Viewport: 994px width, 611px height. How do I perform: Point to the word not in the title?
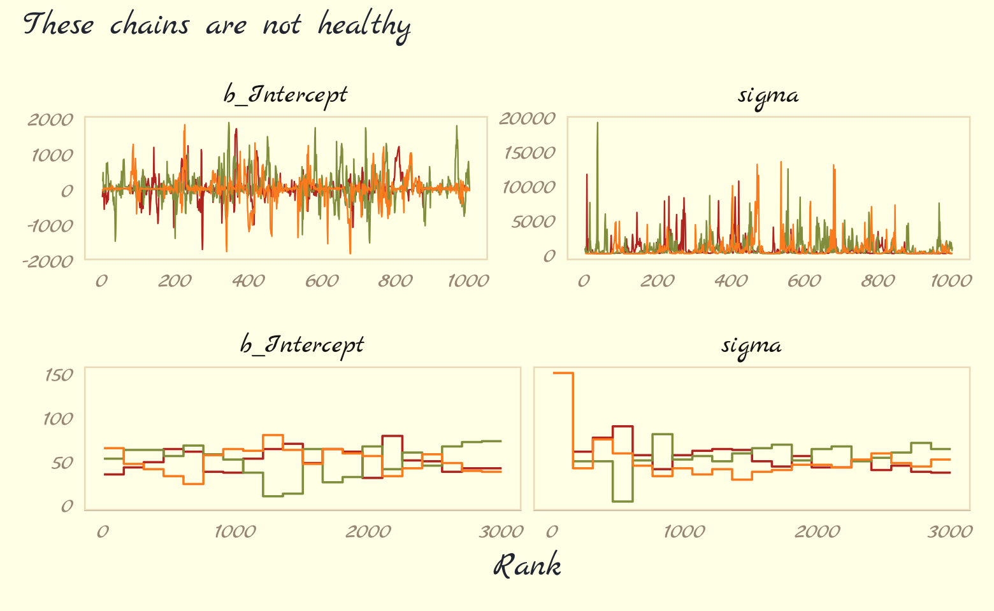tap(281, 26)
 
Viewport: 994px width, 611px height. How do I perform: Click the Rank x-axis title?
tap(528, 566)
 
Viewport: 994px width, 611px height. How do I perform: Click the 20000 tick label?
tap(527, 118)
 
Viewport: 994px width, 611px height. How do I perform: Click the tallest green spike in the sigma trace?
tap(597, 123)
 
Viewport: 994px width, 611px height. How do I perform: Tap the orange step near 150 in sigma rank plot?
tap(563, 373)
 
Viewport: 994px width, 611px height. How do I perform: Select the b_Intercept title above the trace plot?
tap(285, 95)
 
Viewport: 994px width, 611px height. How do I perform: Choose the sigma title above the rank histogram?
tap(751, 345)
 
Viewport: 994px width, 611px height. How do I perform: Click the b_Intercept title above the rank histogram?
tap(302, 345)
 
